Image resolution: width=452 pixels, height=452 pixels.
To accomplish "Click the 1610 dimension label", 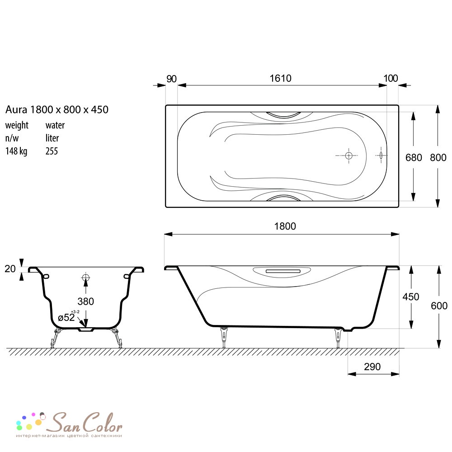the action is tap(280, 78).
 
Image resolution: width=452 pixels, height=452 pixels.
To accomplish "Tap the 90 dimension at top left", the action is tap(171, 79).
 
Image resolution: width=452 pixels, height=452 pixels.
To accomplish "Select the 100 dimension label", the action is tap(391, 78).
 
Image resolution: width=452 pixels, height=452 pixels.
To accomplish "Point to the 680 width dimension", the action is tap(414, 158).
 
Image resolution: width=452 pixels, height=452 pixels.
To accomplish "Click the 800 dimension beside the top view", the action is tap(438, 158).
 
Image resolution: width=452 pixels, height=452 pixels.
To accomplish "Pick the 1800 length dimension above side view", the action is tap(285, 226).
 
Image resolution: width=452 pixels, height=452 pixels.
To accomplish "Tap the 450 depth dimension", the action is tap(411, 297).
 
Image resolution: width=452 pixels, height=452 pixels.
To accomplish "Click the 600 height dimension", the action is tap(439, 306).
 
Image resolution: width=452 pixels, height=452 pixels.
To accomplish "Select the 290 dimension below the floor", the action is tap(372, 367).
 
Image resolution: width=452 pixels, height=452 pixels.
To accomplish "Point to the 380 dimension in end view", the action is tap(85, 301).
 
